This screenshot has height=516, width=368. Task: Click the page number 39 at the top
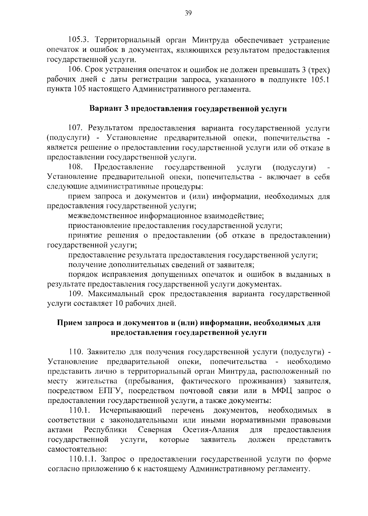click(x=188, y=13)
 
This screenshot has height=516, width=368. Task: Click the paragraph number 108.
click(x=76, y=167)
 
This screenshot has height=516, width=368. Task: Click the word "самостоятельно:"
click(x=77, y=449)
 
